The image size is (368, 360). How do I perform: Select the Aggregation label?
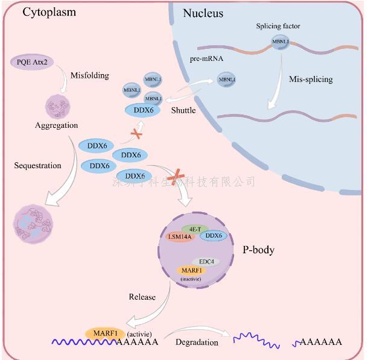pos(57,125)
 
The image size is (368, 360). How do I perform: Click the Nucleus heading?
pos(203,13)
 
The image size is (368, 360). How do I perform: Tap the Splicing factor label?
pos(278,27)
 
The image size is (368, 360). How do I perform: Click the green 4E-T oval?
pos(195,229)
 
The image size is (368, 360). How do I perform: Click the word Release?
pos(142,297)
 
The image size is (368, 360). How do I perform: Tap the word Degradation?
pos(196,341)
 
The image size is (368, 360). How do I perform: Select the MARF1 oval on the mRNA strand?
pos(105,333)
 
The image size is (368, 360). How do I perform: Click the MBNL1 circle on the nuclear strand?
pos(279,43)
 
